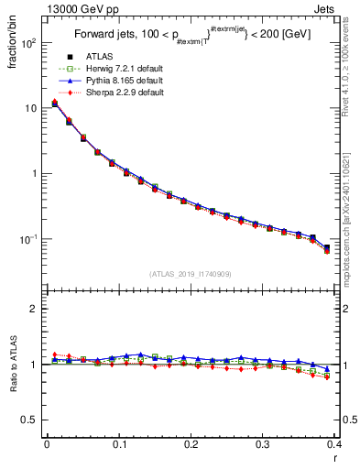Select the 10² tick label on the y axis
(29, 43)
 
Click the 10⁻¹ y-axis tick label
(29, 239)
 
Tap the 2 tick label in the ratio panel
(35, 309)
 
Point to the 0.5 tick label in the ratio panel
(30, 420)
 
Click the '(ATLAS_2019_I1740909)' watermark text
(190, 273)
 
